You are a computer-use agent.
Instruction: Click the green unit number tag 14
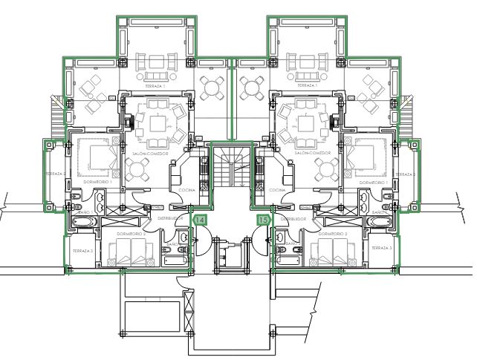(200, 219)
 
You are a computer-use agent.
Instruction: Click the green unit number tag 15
(263, 219)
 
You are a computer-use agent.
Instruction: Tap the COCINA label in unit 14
(186, 190)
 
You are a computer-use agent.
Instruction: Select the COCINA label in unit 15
(277, 190)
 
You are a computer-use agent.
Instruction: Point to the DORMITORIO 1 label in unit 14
(97, 181)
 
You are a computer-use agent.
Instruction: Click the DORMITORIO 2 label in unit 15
(334, 232)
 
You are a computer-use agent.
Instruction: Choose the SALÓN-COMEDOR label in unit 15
(312, 154)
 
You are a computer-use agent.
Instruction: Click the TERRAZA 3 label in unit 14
(82, 251)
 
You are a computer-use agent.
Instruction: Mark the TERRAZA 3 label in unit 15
(380, 247)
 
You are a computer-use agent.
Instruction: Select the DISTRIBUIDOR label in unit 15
(294, 219)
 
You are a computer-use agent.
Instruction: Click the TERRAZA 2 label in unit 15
(403, 174)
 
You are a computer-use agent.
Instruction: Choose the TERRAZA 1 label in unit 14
(155, 86)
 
